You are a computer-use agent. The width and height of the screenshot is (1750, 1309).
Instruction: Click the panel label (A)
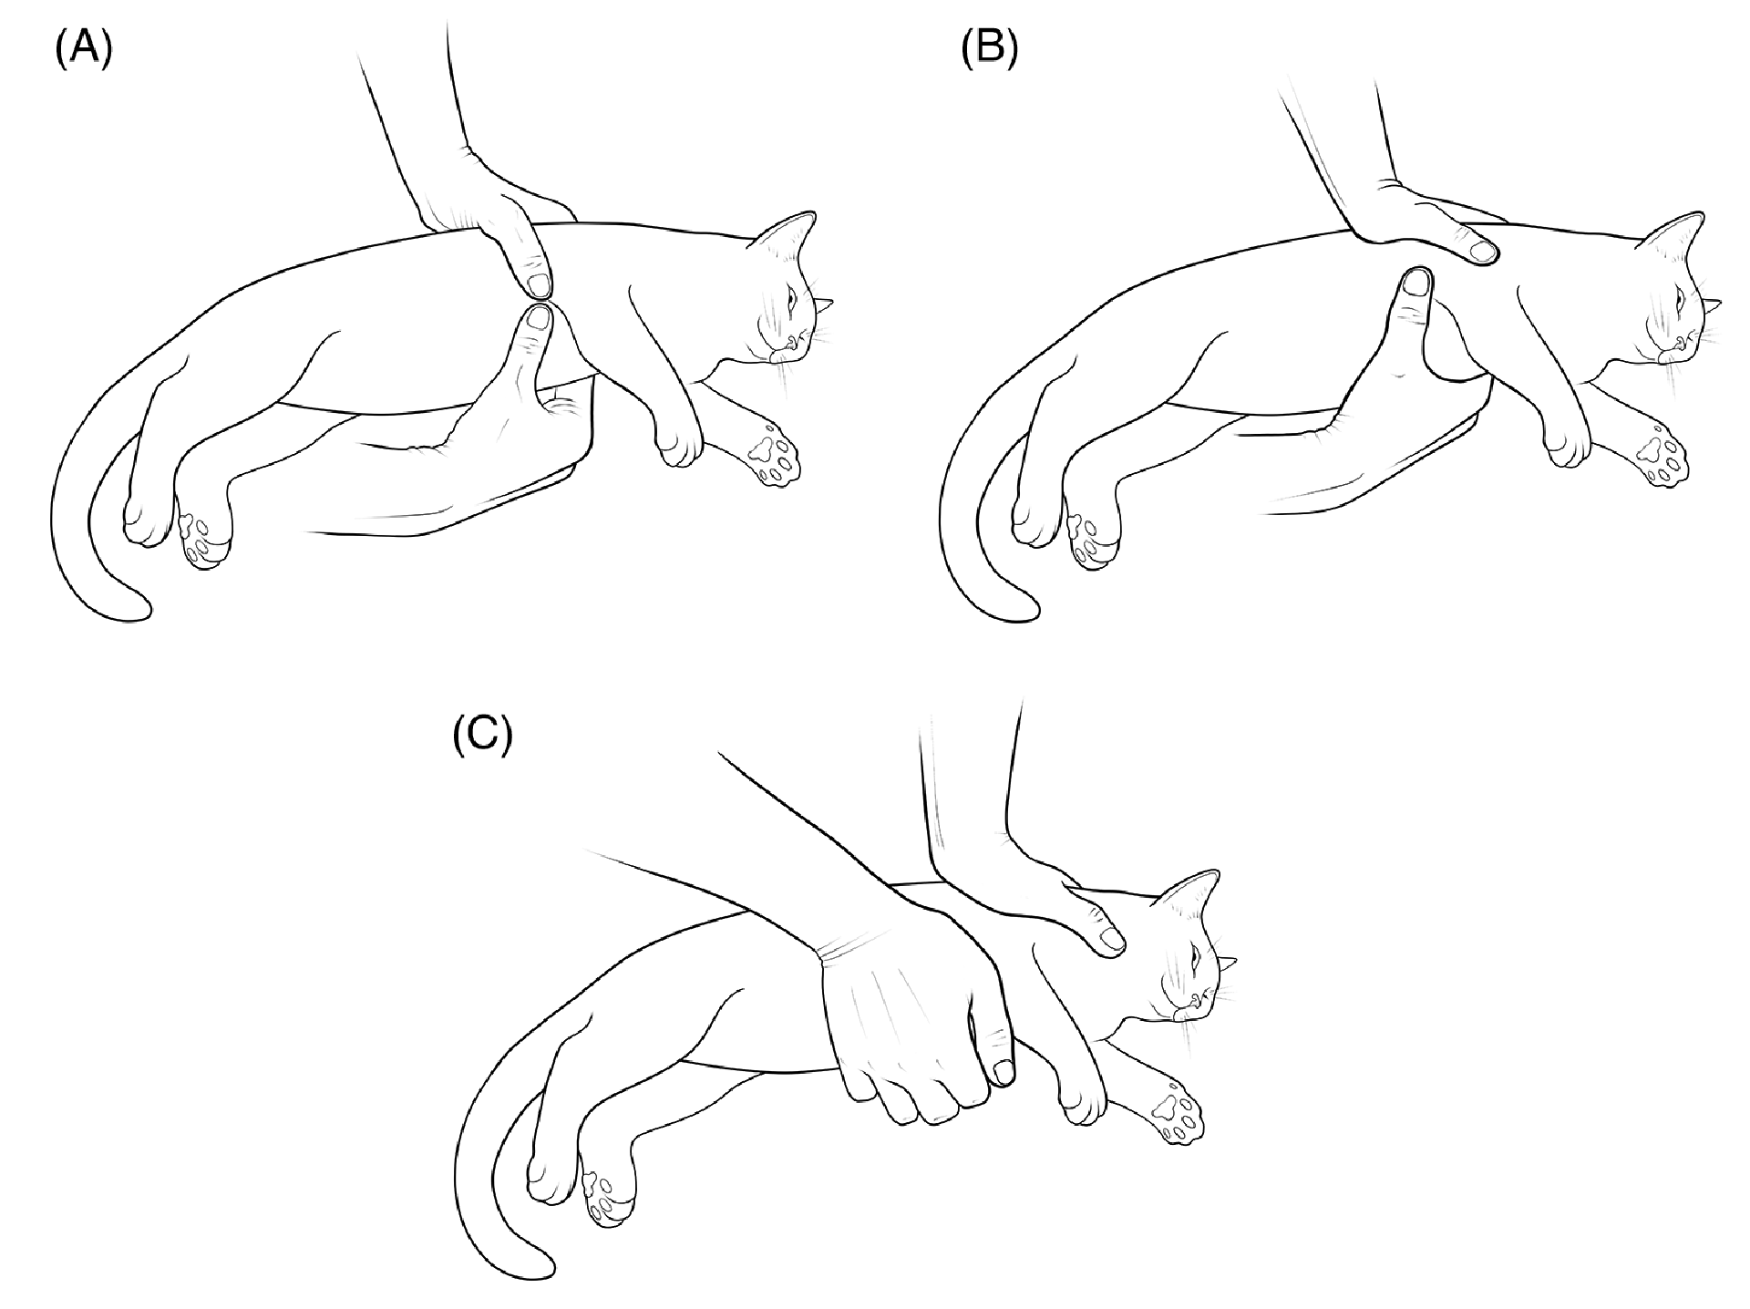coord(83,51)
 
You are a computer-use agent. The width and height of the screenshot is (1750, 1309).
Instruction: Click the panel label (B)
coord(989,51)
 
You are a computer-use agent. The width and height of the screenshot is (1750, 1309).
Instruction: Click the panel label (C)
coord(482,737)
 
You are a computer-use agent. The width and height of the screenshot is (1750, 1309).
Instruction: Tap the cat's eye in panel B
coord(1681,298)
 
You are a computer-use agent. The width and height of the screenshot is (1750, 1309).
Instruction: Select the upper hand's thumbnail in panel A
coord(539,285)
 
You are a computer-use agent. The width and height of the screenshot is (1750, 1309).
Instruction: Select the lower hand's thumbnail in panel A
coord(540,318)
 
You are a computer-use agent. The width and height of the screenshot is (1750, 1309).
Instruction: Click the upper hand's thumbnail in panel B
coord(1483,249)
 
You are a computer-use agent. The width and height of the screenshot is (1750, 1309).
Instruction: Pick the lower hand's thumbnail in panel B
coord(1415,283)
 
